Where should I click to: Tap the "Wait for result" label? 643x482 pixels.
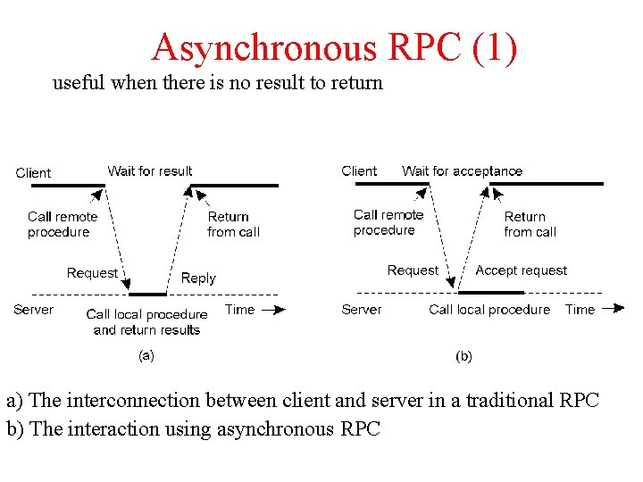point(150,170)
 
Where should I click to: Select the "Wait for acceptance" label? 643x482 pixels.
point(463,170)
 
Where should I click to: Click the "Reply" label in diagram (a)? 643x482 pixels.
point(198,278)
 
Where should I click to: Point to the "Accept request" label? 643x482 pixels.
point(522,270)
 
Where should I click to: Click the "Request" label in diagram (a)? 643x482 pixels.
point(92,273)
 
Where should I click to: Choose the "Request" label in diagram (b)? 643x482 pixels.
point(413,270)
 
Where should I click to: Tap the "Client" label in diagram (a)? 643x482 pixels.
point(34,173)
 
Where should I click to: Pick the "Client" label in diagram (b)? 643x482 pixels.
point(360,170)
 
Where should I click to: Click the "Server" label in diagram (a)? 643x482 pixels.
point(34,310)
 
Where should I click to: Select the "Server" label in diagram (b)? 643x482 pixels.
point(362,310)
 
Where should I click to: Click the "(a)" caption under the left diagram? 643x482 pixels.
point(146,354)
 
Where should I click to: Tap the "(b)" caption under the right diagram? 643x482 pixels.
point(464,356)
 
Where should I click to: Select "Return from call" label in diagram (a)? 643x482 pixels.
point(232,224)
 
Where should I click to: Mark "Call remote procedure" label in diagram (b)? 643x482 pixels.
point(388,222)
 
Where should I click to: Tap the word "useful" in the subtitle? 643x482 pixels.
point(79,83)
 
